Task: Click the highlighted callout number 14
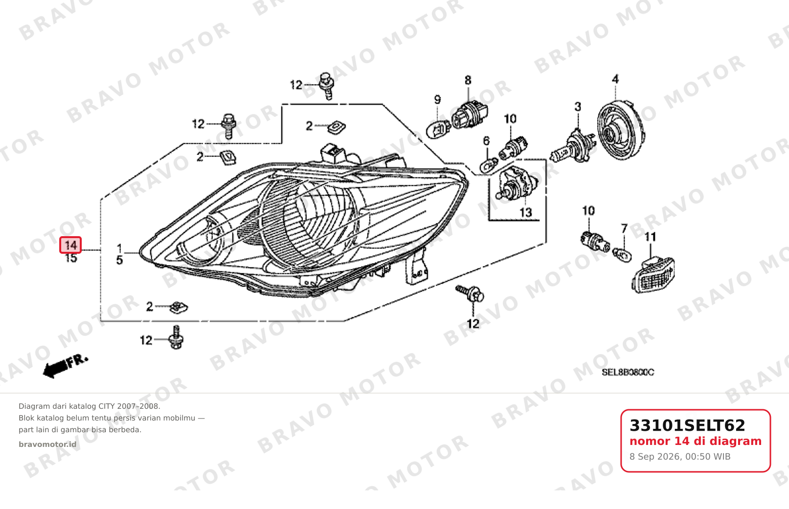70,245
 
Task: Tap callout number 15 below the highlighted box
71,258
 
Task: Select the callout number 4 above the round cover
615,79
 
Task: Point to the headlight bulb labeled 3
574,148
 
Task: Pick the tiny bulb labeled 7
622,254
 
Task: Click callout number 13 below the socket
526,213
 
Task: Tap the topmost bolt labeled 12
326,86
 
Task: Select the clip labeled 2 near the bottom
178,308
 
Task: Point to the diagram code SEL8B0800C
627,372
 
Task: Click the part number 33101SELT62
687,425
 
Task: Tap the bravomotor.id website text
47,444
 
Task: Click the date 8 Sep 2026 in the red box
655,457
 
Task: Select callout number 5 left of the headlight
119,260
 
